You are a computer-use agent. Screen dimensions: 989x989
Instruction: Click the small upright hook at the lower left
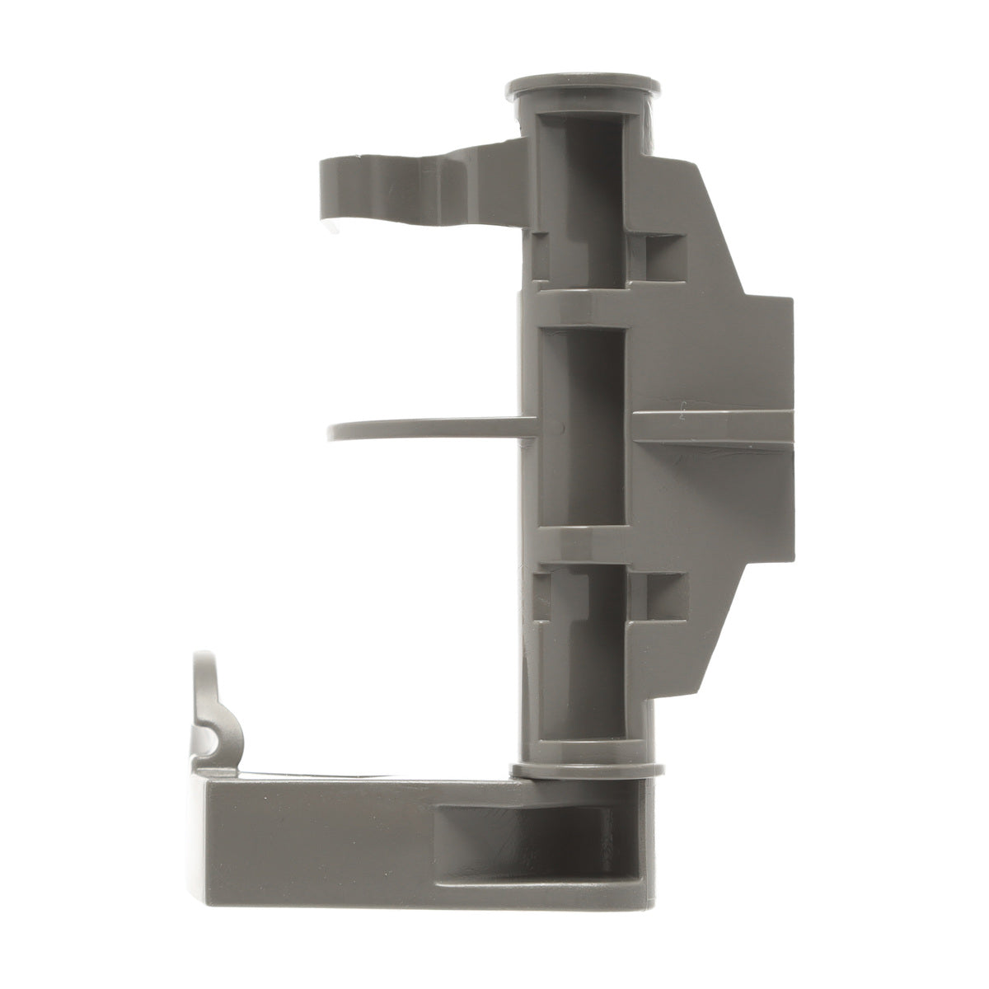coord(206,701)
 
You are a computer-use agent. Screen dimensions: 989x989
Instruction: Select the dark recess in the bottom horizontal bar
coord(527,837)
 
